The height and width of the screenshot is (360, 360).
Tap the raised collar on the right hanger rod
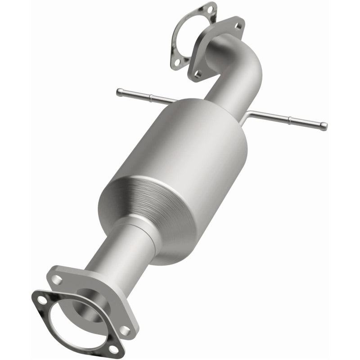point(291,120)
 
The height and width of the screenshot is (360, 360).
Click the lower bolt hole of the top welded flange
point(197,72)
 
